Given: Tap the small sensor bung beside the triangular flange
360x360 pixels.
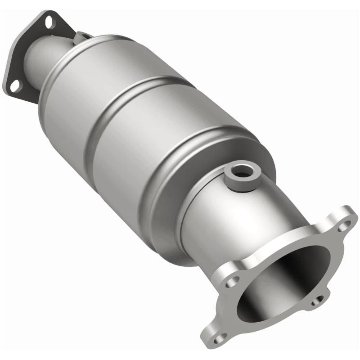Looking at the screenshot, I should [x=84, y=35].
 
